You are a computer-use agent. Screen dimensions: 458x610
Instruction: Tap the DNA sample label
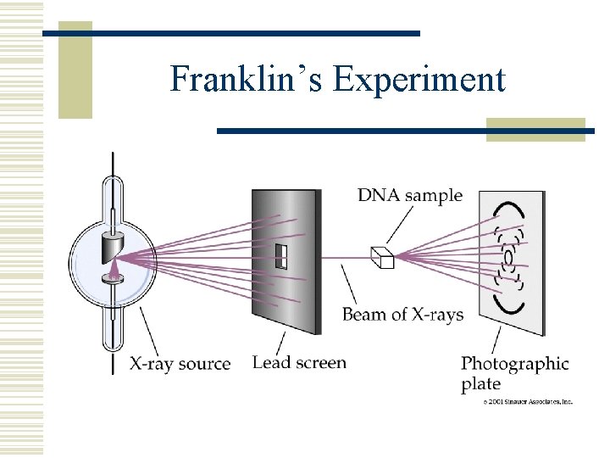click(x=410, y=195)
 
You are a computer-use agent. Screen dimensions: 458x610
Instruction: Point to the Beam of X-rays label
click(x=402, y=315)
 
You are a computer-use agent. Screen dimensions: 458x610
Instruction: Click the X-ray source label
click(x=180, y=364)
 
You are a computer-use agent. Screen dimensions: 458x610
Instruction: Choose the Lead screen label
click(x=299, y=363)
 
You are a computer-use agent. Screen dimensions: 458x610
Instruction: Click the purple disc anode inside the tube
click(x=111, y=276)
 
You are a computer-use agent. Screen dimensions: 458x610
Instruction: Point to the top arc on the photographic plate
click(x=508, y=208)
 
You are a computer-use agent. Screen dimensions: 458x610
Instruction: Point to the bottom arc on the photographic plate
click(x=509, y=304)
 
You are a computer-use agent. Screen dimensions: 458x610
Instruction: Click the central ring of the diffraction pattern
click(x=508, y=255)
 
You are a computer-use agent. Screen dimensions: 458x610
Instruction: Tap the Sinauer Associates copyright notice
click(x=528, y=402)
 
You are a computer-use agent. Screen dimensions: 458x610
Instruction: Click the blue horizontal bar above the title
click(x=231, y=33)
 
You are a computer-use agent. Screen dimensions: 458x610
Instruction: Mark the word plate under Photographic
click(x=480, y=384)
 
